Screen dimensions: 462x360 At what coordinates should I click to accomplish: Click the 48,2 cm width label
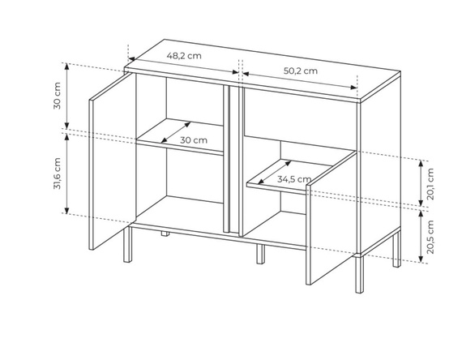(184, 55)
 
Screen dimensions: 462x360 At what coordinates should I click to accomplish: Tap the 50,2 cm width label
(301, 71)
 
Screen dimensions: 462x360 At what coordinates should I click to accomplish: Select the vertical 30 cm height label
(58, 96)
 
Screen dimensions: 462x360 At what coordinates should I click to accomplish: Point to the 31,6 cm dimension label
(58, 174)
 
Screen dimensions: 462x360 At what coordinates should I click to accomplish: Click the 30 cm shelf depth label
(194, 140)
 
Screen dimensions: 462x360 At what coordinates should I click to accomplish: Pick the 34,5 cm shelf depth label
(293, 179)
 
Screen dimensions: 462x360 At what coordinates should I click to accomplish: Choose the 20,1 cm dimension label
(430, 184)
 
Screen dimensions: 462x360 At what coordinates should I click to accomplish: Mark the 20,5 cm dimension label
(430, 237)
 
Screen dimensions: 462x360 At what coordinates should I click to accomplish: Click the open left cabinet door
(113, 161)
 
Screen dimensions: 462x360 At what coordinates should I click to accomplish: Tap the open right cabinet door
(332, 217)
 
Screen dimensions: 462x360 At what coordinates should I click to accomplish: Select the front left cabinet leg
(127, 244)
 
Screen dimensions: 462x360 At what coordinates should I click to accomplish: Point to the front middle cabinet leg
(260, 254)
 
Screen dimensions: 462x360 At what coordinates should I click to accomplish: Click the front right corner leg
(359, 275)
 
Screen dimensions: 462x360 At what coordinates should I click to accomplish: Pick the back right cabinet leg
(396, 249)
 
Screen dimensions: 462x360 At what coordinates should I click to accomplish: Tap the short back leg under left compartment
(165, 234)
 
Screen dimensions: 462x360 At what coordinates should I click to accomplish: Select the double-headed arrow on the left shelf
(176, 132)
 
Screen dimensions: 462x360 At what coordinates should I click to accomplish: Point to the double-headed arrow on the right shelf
(275, 173)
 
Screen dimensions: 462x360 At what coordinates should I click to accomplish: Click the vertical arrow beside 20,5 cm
(421, 237)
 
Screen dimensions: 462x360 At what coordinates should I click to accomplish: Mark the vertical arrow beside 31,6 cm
(67, 174)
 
